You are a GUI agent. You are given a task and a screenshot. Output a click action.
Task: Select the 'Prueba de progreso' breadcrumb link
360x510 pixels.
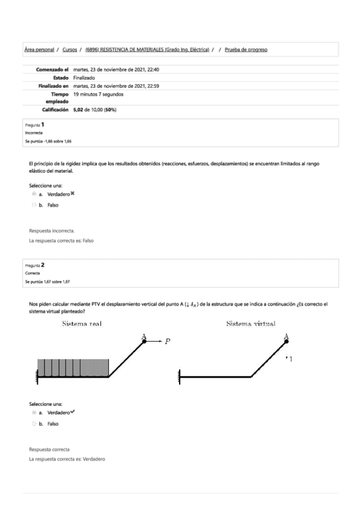pos(246,49)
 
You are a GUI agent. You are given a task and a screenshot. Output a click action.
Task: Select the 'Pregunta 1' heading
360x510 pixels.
pos(35,124)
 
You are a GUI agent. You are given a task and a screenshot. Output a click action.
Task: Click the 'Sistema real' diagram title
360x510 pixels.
pos(82,324)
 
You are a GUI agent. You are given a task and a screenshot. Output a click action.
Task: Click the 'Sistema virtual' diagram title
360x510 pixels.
pos(251,324)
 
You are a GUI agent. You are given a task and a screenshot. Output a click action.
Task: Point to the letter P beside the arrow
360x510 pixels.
pos(168,341)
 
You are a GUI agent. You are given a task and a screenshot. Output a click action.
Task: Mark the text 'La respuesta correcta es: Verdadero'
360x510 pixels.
pos(67,459)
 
